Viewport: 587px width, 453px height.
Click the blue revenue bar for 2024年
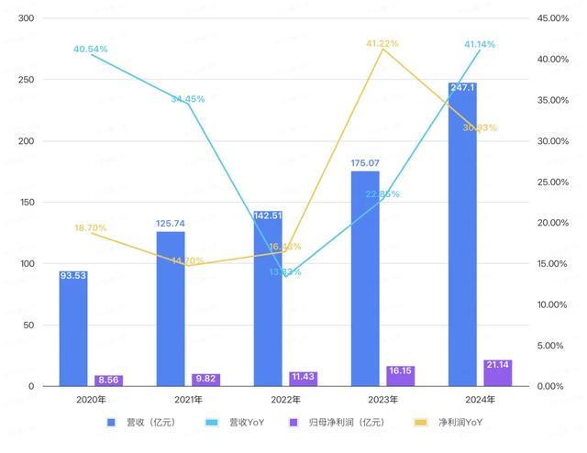click(462, 238)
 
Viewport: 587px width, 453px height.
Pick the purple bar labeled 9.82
click(205, 380)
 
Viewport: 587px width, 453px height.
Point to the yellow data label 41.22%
click(383, 43)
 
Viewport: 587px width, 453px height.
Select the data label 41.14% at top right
click(481, 44)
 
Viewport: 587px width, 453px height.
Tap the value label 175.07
click(365, 163)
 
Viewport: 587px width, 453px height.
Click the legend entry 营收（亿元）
click(143, 423)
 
